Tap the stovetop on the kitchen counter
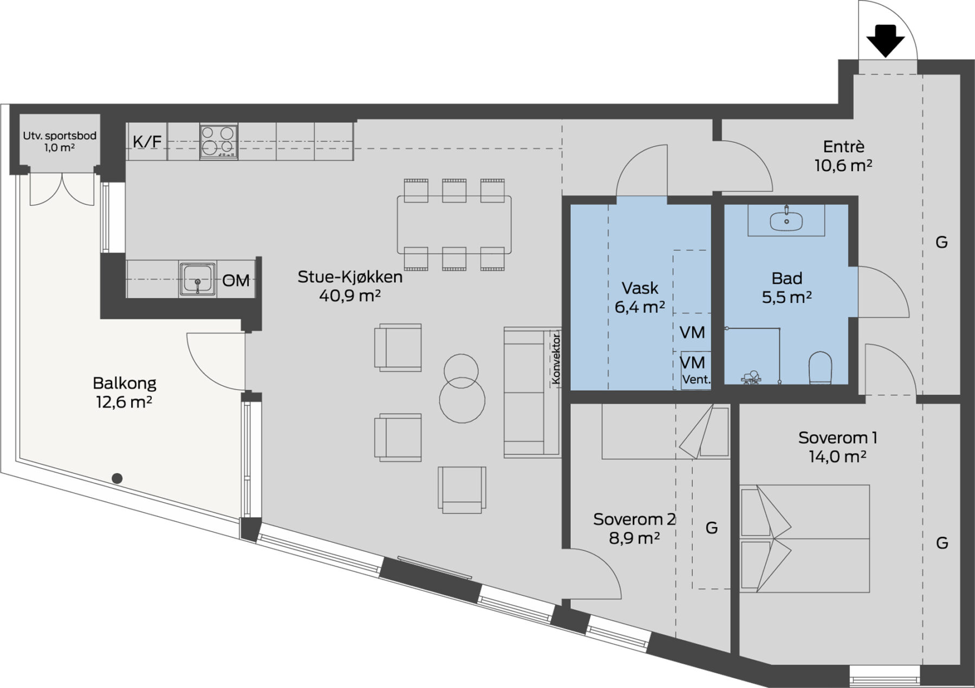pos(219,141)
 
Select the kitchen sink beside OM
pos(198,278)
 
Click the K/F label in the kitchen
pos(147,142)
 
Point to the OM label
pos(236,281)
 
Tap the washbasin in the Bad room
pos(786,220)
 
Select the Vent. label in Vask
pos(696,380)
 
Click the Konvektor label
pos(556,359)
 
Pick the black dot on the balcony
pos(117,478)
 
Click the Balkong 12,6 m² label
pos(125,392)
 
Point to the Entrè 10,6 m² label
pos(843,155)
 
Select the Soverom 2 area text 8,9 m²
pos(634,538)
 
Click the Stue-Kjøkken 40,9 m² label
pos(350,286)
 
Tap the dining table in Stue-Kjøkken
pos(454,224)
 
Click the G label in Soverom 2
pos(712,528)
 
